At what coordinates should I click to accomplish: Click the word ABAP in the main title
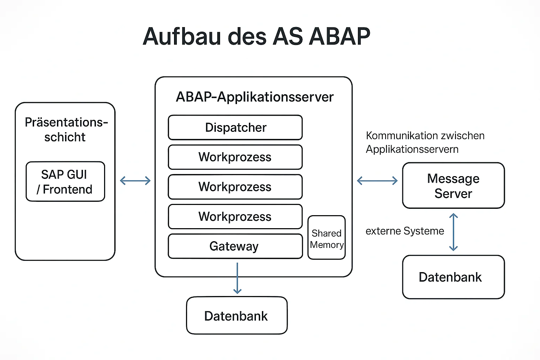339,37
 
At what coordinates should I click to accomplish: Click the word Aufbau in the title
182,37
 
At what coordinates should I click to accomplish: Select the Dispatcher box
235,127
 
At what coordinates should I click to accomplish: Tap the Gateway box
235,246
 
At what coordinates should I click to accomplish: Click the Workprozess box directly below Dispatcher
235,157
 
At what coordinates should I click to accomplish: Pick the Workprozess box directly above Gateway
235,217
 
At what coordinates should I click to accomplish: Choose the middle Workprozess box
235,187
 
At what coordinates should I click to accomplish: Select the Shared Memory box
327,238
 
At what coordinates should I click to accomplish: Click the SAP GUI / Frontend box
65,181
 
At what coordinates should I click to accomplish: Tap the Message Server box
454,185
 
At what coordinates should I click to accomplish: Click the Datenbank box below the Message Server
454,277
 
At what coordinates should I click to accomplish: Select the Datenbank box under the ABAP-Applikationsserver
237,315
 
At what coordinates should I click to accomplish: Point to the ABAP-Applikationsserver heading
255,97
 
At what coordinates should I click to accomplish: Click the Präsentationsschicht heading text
66,129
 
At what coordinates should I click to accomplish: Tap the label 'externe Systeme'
405,231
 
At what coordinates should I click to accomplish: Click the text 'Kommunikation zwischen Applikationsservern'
425,142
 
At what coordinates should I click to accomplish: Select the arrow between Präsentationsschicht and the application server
135,181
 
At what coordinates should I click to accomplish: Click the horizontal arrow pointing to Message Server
377,181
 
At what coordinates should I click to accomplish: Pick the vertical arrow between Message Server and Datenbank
454,232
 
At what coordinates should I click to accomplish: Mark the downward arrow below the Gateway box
237,278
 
